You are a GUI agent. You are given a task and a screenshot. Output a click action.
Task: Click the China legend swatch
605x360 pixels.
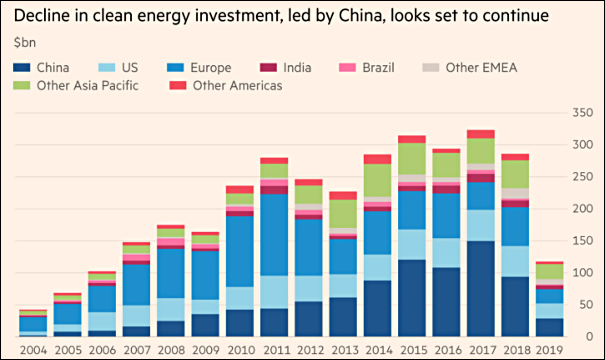tap(22, 68)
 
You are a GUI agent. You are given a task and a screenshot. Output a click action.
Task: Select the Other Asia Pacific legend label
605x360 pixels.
tap(88, 86)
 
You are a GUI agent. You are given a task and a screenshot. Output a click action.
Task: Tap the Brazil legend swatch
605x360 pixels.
tap(347, 68)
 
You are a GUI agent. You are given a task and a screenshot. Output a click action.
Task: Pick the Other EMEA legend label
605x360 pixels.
tap(481, 68)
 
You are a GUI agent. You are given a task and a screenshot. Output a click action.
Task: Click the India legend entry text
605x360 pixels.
tap(297, 68)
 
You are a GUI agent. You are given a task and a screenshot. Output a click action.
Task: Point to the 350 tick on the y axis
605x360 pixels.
tap(583, 113)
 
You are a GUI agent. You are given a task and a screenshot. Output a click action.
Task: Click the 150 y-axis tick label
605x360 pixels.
tap(583, 241)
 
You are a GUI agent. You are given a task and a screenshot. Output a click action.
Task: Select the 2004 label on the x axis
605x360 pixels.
tap(33, 350)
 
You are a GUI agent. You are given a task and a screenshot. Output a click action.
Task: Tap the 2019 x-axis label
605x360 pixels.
tap(549, 350)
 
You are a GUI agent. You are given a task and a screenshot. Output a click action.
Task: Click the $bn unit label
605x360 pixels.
tap(25, 43)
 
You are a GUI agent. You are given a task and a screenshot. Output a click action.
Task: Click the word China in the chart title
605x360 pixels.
tap(361, 16)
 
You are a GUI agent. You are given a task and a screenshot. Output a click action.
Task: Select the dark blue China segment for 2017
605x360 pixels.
tap(481, 289)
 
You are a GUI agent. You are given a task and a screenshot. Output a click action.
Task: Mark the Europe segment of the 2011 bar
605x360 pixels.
tap(274, 234)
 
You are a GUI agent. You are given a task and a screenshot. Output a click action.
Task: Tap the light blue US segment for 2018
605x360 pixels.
tap(515, 262)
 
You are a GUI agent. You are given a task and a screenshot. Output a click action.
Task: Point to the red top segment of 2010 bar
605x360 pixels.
tap(240, 190)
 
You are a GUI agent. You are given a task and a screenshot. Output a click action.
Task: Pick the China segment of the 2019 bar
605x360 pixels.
tap(549, 328)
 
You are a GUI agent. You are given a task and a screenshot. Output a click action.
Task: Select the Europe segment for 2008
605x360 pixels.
tap(171, 273)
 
